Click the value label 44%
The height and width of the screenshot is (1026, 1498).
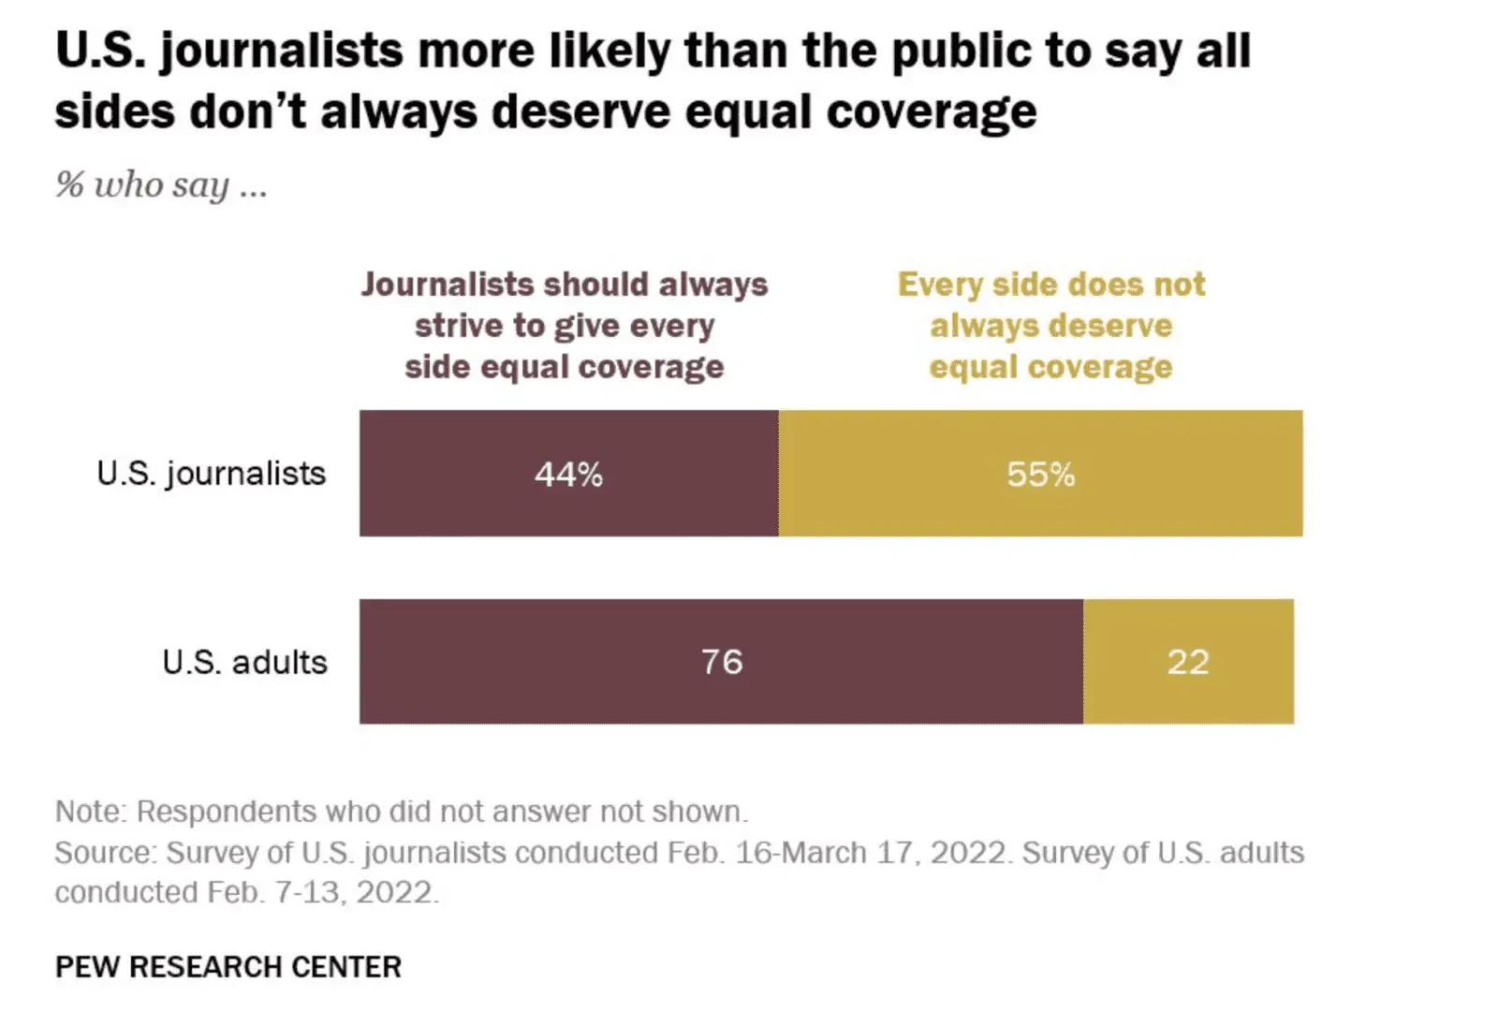pyautogui.click(x=568, y=475)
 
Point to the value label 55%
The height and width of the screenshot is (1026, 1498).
pyautogui.click(x=1040, y=475)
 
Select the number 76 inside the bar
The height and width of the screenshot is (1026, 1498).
pyautogui.click(x=722, y=662)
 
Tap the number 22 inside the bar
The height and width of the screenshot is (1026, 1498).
pyautogui.click(x=1188, y=662)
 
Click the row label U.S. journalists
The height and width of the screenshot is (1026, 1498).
pyautogui.click(x=212, y=474)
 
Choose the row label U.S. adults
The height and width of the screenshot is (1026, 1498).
pyautogui.click(x=244, y=662)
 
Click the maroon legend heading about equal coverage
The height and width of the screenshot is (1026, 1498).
pyautogui.click(x=565, y=325)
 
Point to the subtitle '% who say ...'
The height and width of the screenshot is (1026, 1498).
pyautogui.click(x=161, y=184)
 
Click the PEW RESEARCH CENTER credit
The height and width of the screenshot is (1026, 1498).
pyautogui.click(x=228, y=966)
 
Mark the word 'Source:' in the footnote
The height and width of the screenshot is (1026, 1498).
pyautogui.click(x=106, y=852)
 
